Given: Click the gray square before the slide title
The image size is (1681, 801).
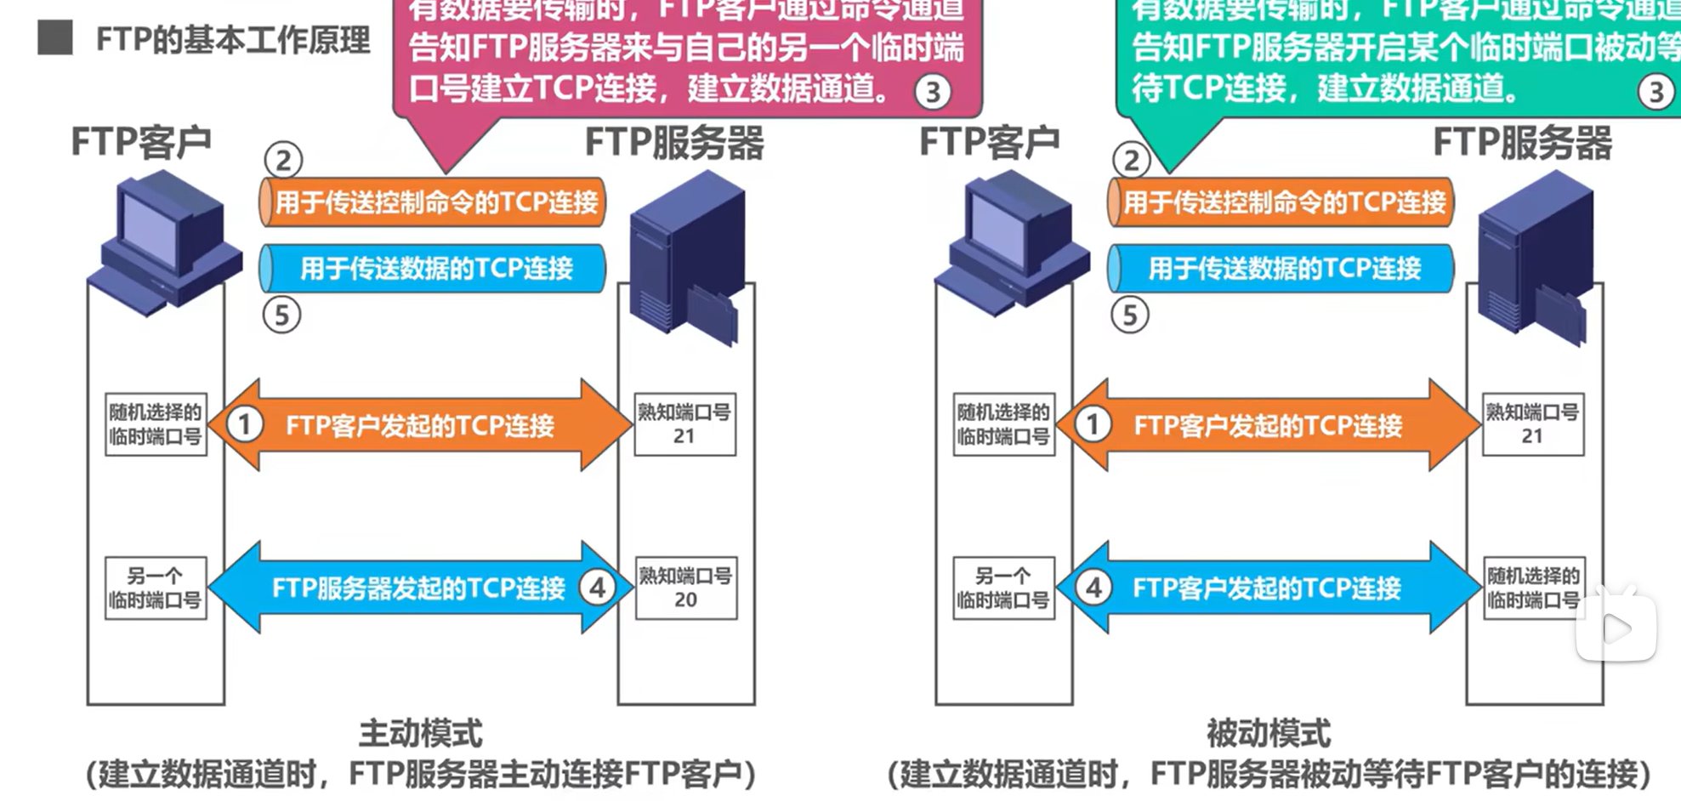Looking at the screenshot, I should click(x=55, y=38).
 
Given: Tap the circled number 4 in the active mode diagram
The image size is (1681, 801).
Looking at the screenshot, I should click(x=597, y=588).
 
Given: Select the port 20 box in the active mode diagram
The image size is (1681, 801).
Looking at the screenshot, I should click(x=685, y=588).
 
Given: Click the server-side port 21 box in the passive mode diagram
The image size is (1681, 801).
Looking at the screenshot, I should click(x=1532, y=424).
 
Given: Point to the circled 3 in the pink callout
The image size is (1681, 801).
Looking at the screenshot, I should click(x=933, y=92).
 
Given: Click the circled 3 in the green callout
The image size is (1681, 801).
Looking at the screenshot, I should click(x=1655, y=92).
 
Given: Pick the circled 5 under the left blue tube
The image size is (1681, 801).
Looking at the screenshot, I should click(x=281, y=315).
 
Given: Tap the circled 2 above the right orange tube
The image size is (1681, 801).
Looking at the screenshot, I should click(x=1131, y=160).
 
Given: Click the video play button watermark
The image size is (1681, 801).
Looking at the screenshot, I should click(x=1616, y=628).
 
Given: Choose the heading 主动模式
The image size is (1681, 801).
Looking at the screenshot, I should click(x=420, y=733).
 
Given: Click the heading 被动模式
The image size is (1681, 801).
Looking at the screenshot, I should click(x=1269, y=733).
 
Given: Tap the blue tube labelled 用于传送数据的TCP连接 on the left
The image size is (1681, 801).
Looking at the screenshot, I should click(x=433, y=269).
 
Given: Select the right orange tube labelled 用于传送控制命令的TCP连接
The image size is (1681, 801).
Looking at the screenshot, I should click(x=1281, y=202).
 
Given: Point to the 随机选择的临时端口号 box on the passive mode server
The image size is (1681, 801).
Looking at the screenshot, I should click(x=1532, y=588).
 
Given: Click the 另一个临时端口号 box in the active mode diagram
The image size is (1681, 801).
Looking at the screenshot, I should click(x=156, y=588).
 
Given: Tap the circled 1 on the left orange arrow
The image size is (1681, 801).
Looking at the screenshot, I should click(x=245, y=424).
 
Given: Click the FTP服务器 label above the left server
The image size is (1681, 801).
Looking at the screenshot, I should click(x=674, y=143).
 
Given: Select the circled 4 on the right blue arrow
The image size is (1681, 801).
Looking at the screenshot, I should click(x=1093, y=588).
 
